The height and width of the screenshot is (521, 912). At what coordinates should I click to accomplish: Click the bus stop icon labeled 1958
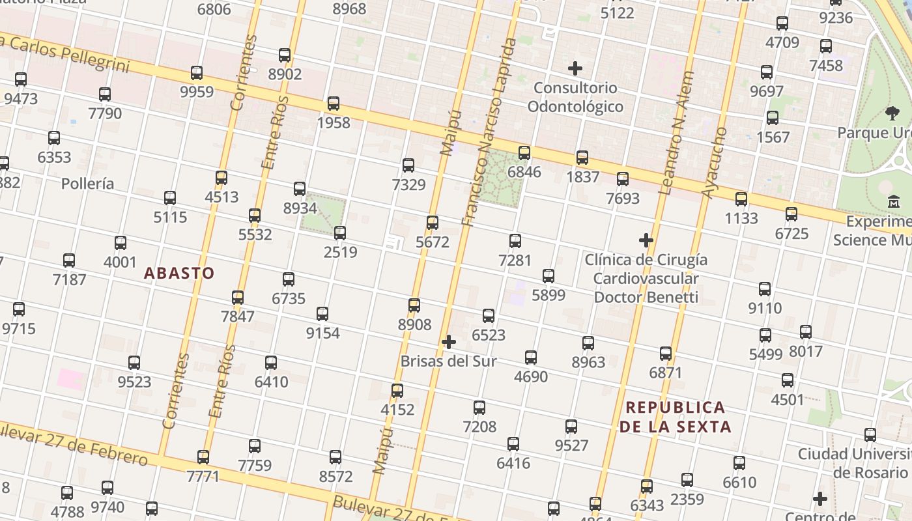point(334,104)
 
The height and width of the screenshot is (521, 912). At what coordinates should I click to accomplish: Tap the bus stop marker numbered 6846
point(524,153)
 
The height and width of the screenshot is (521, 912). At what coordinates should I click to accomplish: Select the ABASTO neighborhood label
point(179,273)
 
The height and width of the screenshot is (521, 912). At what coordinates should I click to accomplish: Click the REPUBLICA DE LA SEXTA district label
point(675,417)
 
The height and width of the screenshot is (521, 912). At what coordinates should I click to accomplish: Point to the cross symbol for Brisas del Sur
point(448,342)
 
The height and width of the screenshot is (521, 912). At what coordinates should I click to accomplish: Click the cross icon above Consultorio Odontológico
point(575,68)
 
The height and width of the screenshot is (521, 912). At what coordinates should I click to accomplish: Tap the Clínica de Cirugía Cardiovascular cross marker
point(646,241)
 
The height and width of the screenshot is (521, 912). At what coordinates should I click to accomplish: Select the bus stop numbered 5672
point(433,223)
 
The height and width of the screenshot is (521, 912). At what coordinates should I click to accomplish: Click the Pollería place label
point(87,184)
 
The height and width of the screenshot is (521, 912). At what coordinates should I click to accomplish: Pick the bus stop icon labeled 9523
point(134,363)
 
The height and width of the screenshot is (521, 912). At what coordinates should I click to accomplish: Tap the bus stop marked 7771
point(203,457)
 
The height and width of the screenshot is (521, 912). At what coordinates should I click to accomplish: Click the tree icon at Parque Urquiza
point(892,114)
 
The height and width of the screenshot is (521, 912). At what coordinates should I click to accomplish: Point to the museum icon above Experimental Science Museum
point(894,203)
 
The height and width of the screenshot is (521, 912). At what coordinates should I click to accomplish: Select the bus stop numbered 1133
point(741,199)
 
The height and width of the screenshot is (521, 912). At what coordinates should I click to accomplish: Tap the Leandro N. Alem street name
point(676,134)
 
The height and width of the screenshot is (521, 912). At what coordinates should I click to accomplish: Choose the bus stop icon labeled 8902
point(285,55)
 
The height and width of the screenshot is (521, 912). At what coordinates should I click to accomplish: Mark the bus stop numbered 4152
point(397,391)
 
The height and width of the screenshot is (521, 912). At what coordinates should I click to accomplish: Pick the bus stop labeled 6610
point(739,463)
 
